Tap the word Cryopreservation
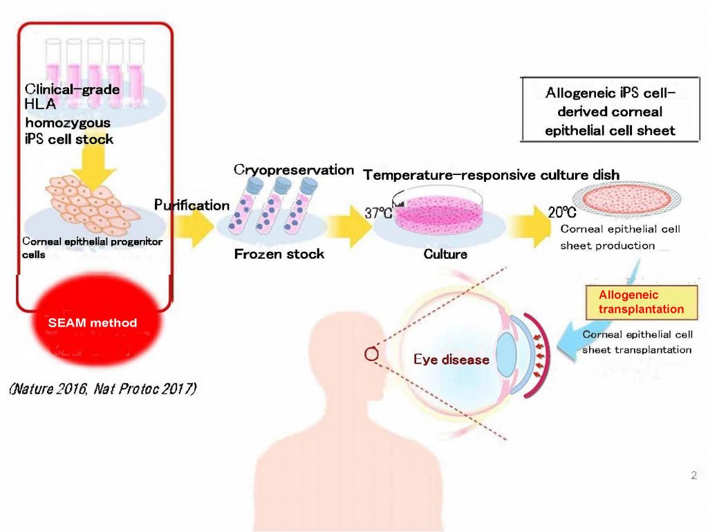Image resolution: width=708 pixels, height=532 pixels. [x=293, y=170]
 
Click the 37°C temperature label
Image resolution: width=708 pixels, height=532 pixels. [x=378, y=213]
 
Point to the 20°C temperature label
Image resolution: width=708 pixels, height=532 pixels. [x=561, y=213]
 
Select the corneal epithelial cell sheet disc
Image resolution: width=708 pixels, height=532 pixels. [x=617, y=201]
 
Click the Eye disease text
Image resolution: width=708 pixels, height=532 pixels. [x=451, y=360]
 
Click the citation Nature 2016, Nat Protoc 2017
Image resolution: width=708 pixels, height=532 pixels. [x=103, y=389]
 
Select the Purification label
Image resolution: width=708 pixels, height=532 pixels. [x=192, y=205]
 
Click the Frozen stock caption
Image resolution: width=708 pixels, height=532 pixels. [x=279, y=254]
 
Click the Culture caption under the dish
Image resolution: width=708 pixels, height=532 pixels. [x=445, y=254]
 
